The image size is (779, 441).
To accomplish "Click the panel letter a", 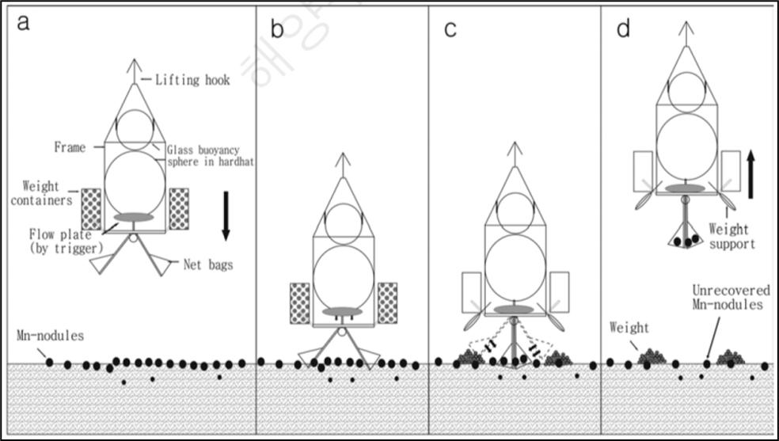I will (24, 21).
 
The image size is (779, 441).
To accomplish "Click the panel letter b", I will (277, 30).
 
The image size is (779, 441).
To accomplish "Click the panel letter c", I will (450, 30).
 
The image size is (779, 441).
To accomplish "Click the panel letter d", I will (624, 30).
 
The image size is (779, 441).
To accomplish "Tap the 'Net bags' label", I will (208, 265).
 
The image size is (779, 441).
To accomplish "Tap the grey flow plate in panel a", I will (134, 217).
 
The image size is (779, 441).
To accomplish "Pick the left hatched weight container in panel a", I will (91, 209).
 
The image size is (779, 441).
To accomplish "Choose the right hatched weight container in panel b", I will (388, 302).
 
